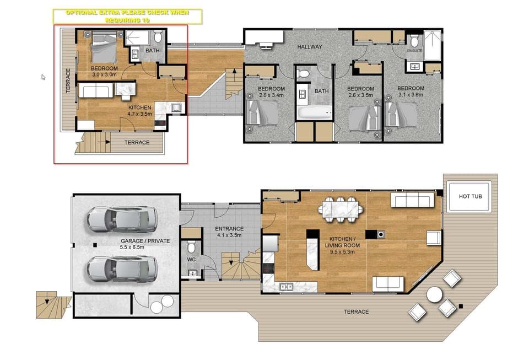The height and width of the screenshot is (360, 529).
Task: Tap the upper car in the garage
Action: [121, 219]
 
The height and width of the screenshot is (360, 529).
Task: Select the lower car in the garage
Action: [121, 268]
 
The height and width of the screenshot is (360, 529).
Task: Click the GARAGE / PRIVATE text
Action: [145, 241]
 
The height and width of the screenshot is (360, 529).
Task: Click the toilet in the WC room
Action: [192, 246]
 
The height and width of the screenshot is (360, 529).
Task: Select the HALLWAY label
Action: [310, 47]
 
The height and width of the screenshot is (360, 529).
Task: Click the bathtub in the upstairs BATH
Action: [314, 113]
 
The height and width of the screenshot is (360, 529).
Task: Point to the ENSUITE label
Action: [414, 50]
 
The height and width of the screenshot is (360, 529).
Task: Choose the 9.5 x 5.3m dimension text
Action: [342, 251]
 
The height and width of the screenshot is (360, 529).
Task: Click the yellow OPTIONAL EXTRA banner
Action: [127, 15]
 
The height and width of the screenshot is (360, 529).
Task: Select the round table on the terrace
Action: [434, 294]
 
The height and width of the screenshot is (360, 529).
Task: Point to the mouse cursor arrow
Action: [44, 77]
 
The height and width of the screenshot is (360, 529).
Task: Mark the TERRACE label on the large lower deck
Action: [356, 312]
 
